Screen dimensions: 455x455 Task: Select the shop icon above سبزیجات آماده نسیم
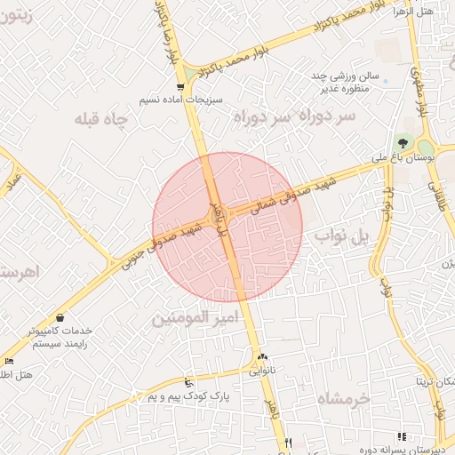181,87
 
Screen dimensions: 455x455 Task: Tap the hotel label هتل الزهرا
436,12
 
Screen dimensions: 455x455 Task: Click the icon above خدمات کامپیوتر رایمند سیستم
60,317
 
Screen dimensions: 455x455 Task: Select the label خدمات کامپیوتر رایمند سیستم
60,336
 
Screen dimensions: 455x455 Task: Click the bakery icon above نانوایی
262,357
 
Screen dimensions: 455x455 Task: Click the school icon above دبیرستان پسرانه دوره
402,436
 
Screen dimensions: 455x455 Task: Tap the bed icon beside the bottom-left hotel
8,361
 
